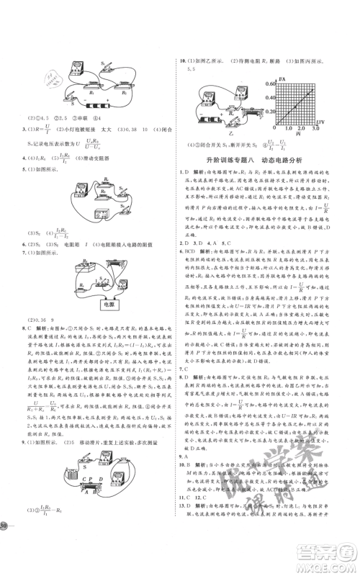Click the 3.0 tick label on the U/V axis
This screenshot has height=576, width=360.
[x=318, y=128]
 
